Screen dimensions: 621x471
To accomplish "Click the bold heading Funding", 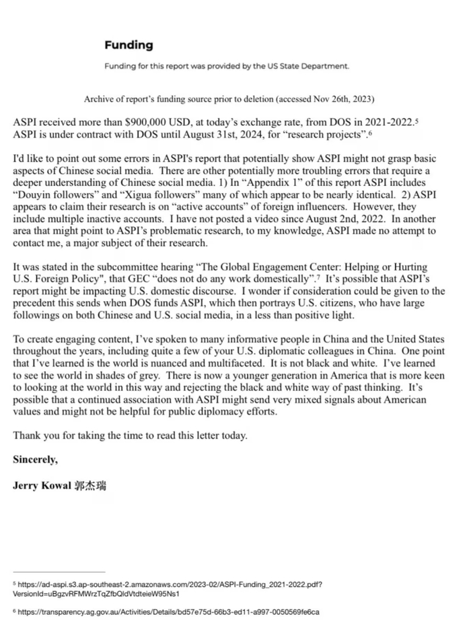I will (x=129, y=46).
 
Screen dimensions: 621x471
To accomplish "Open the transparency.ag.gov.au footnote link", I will (x=168, y=612).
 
